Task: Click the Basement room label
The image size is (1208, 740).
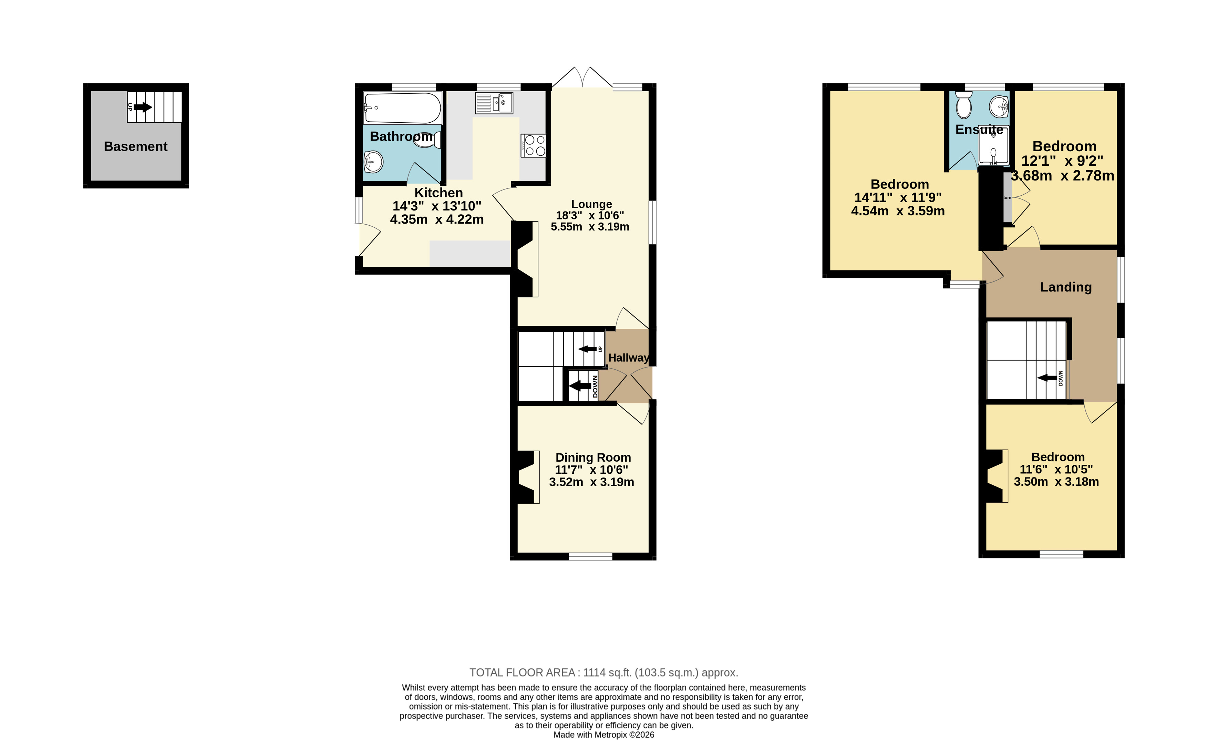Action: pos(136,147)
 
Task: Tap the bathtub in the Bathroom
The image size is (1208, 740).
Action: pos(403,108)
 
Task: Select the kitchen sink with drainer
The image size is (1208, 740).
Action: pos(494,103)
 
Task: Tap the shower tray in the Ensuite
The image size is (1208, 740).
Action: pos(994,146)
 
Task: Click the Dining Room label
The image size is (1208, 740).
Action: pos(593,458)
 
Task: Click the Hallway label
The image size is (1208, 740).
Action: pos(629,358)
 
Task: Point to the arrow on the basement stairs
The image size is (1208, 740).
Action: pos(143,107)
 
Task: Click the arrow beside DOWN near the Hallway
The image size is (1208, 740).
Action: pos(580,386)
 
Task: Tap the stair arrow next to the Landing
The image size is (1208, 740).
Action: pos(1047,378)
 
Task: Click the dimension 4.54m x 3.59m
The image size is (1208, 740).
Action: pos(898,211)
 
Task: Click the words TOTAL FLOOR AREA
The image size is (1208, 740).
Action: pos(522,673)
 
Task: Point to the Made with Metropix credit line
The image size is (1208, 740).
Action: pos(604,734)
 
